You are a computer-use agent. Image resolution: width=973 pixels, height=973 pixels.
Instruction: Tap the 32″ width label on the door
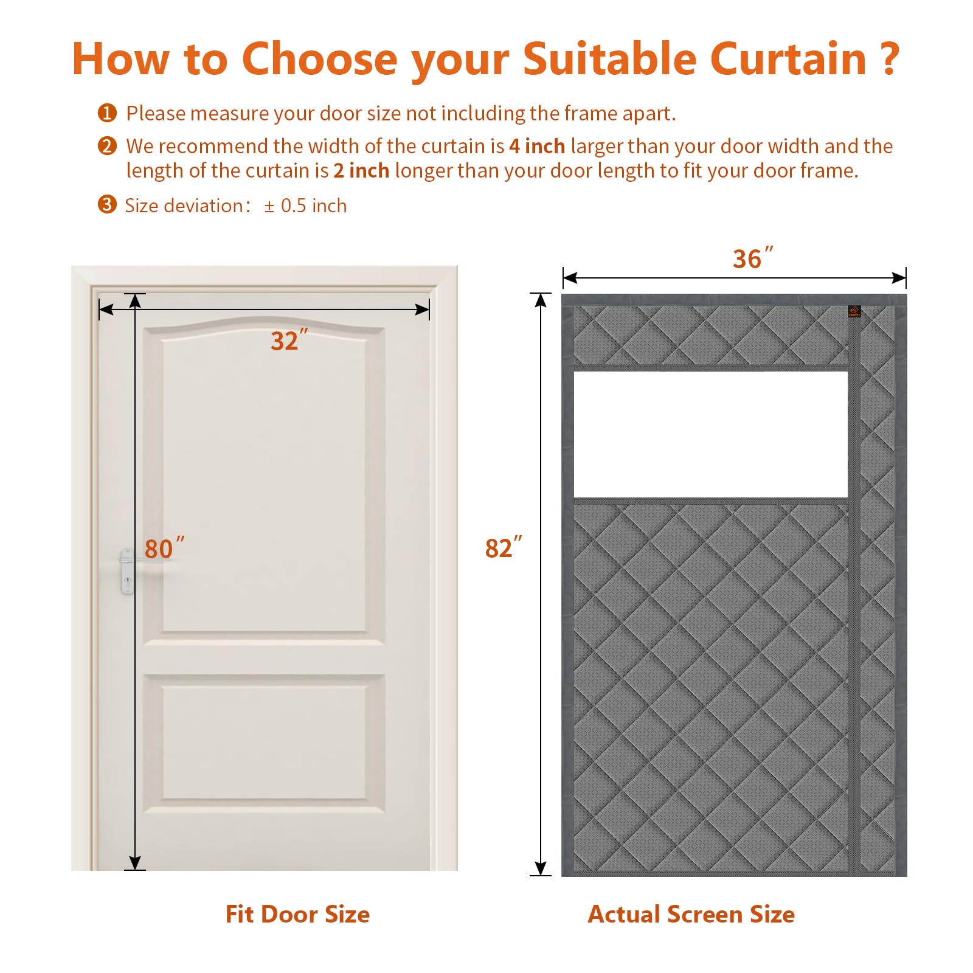pos(289,340)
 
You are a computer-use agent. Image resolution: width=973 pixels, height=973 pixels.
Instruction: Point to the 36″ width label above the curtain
pos(753,258)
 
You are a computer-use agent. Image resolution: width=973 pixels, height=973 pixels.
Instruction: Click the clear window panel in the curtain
pos(710,434)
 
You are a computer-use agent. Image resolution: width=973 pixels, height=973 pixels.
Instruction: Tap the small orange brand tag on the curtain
pos(854,311)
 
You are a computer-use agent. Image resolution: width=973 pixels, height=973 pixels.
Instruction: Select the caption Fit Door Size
pos(297,914)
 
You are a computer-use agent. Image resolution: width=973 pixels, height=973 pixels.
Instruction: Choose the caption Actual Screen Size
pos(691,914)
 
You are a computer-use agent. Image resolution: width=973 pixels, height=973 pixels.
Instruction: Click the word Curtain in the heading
pos(788,59)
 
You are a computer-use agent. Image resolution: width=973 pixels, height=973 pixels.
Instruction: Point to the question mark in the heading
pos(890,59)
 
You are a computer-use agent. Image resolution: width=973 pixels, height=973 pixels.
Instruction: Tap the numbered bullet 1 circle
pos(107,113)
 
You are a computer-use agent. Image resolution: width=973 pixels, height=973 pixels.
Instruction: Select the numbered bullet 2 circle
pos(107,146)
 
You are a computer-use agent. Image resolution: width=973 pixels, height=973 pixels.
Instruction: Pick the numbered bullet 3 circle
pos(107,204)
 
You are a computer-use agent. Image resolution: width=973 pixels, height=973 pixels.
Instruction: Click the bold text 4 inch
pos(537,146)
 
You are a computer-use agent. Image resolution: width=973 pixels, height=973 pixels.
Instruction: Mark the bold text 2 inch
pos(361,170)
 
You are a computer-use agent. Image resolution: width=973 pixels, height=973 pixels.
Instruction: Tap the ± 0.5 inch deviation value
pos(305,206)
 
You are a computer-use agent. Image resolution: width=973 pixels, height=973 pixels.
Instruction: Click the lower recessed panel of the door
pos(265,742)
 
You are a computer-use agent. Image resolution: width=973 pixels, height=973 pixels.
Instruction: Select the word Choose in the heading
pos(320,59)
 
